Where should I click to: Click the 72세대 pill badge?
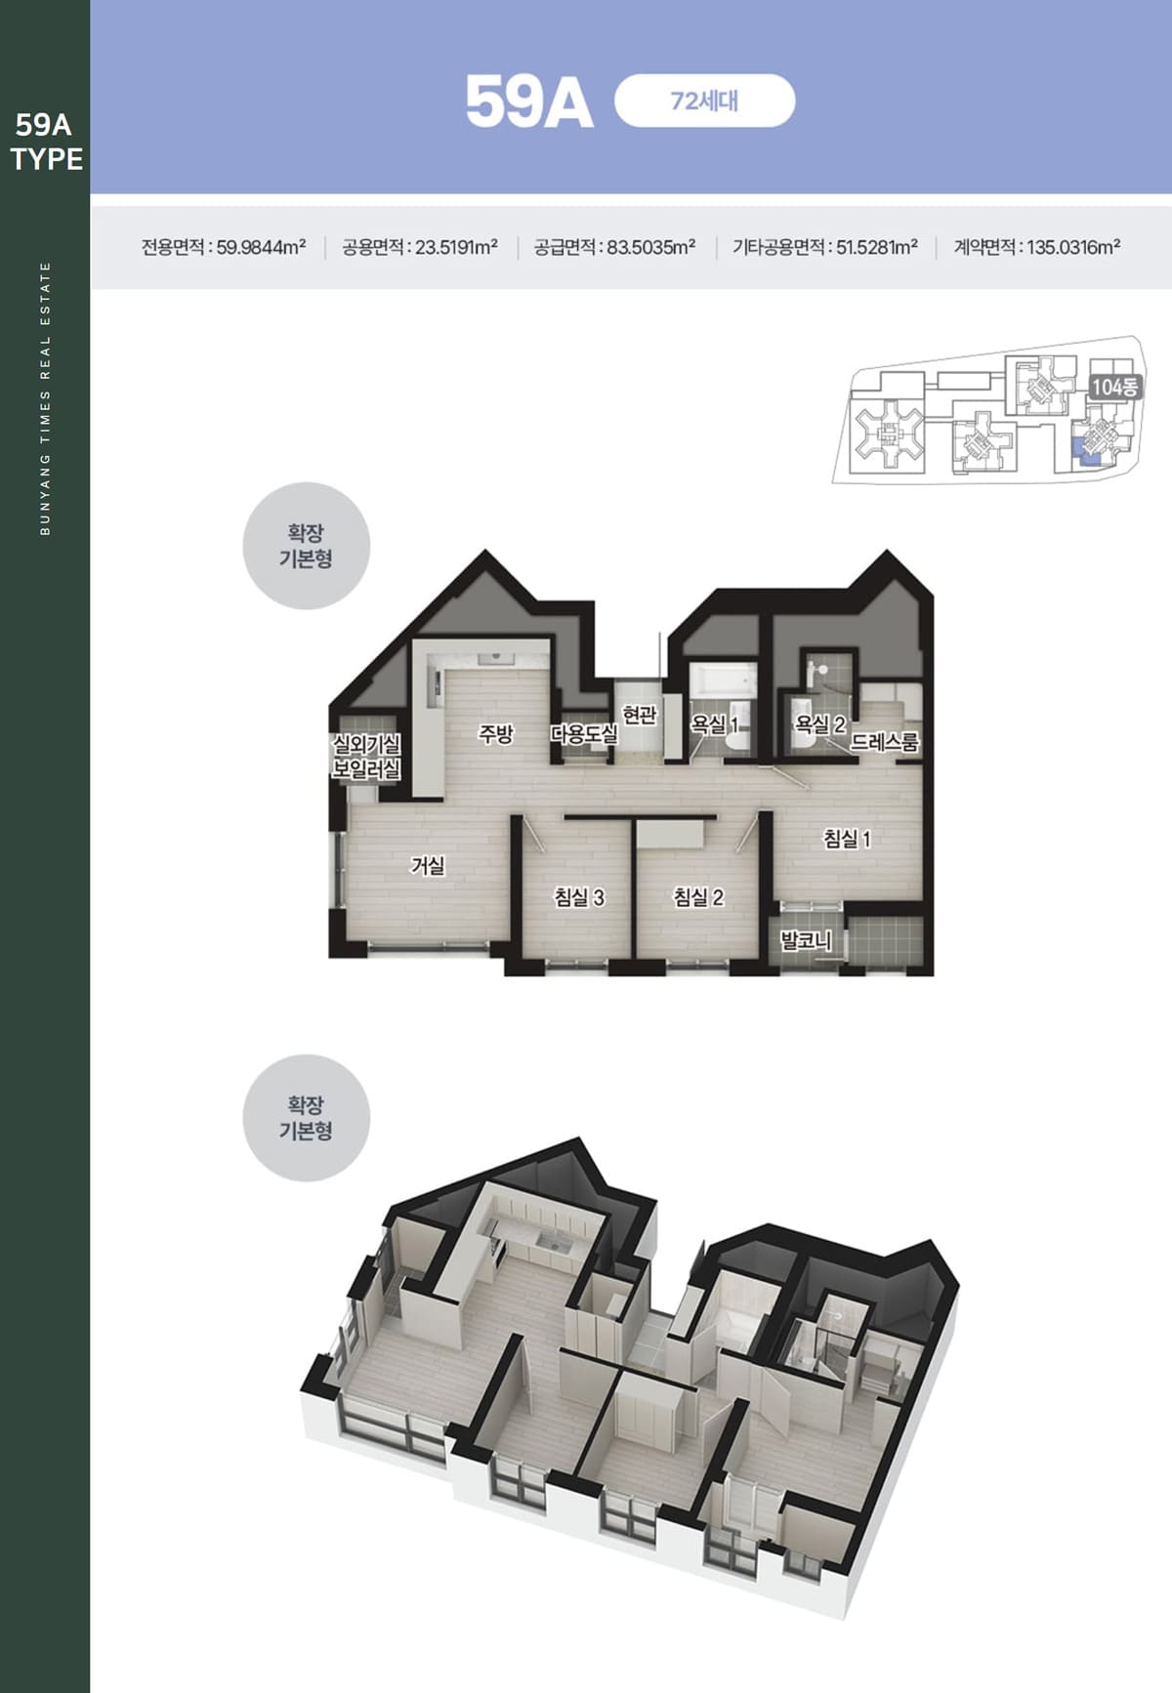(704, 101)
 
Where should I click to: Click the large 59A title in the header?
(528, 102)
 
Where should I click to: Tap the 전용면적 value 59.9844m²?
(261, 247)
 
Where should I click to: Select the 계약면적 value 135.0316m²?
(1073, 247)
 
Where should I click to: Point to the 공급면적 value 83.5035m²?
(651, 247)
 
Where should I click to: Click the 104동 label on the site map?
(1114, 387)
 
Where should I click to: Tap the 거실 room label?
(428, 865)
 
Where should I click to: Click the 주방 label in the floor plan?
(495, 733)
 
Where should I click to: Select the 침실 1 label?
(847, 838)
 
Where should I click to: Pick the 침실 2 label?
(698, 896)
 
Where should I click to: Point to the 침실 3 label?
(579, 896)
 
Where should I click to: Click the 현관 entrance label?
(640, 715)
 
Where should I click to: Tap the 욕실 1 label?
(715, 723)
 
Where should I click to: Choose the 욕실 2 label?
(820, 723)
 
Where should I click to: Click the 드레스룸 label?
(885, 741)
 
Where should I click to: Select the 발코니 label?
(806, 940)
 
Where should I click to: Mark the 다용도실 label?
(584, 733)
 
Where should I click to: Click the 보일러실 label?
(366, 768)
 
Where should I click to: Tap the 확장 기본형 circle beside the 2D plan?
(306, 546)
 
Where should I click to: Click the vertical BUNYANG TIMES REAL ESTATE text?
(45, 398)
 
